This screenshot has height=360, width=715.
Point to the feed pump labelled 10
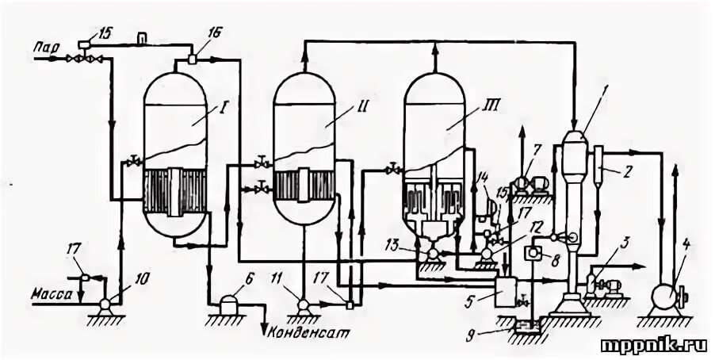(103, 301)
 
